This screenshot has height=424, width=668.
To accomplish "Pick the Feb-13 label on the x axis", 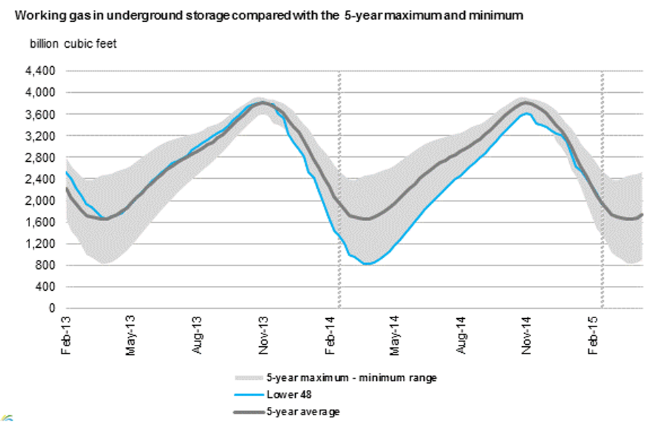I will coord(65,335).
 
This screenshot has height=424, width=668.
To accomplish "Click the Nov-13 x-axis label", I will coord(263,335).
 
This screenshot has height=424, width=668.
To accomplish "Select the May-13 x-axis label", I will coord(132,335).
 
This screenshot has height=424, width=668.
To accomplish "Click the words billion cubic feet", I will coord(72,44).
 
